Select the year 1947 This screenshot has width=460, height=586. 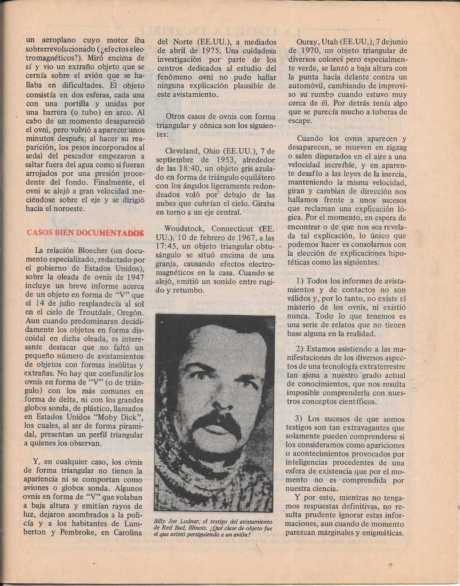(x=131, y=277)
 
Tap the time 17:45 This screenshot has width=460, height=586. (x=167, y=246)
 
